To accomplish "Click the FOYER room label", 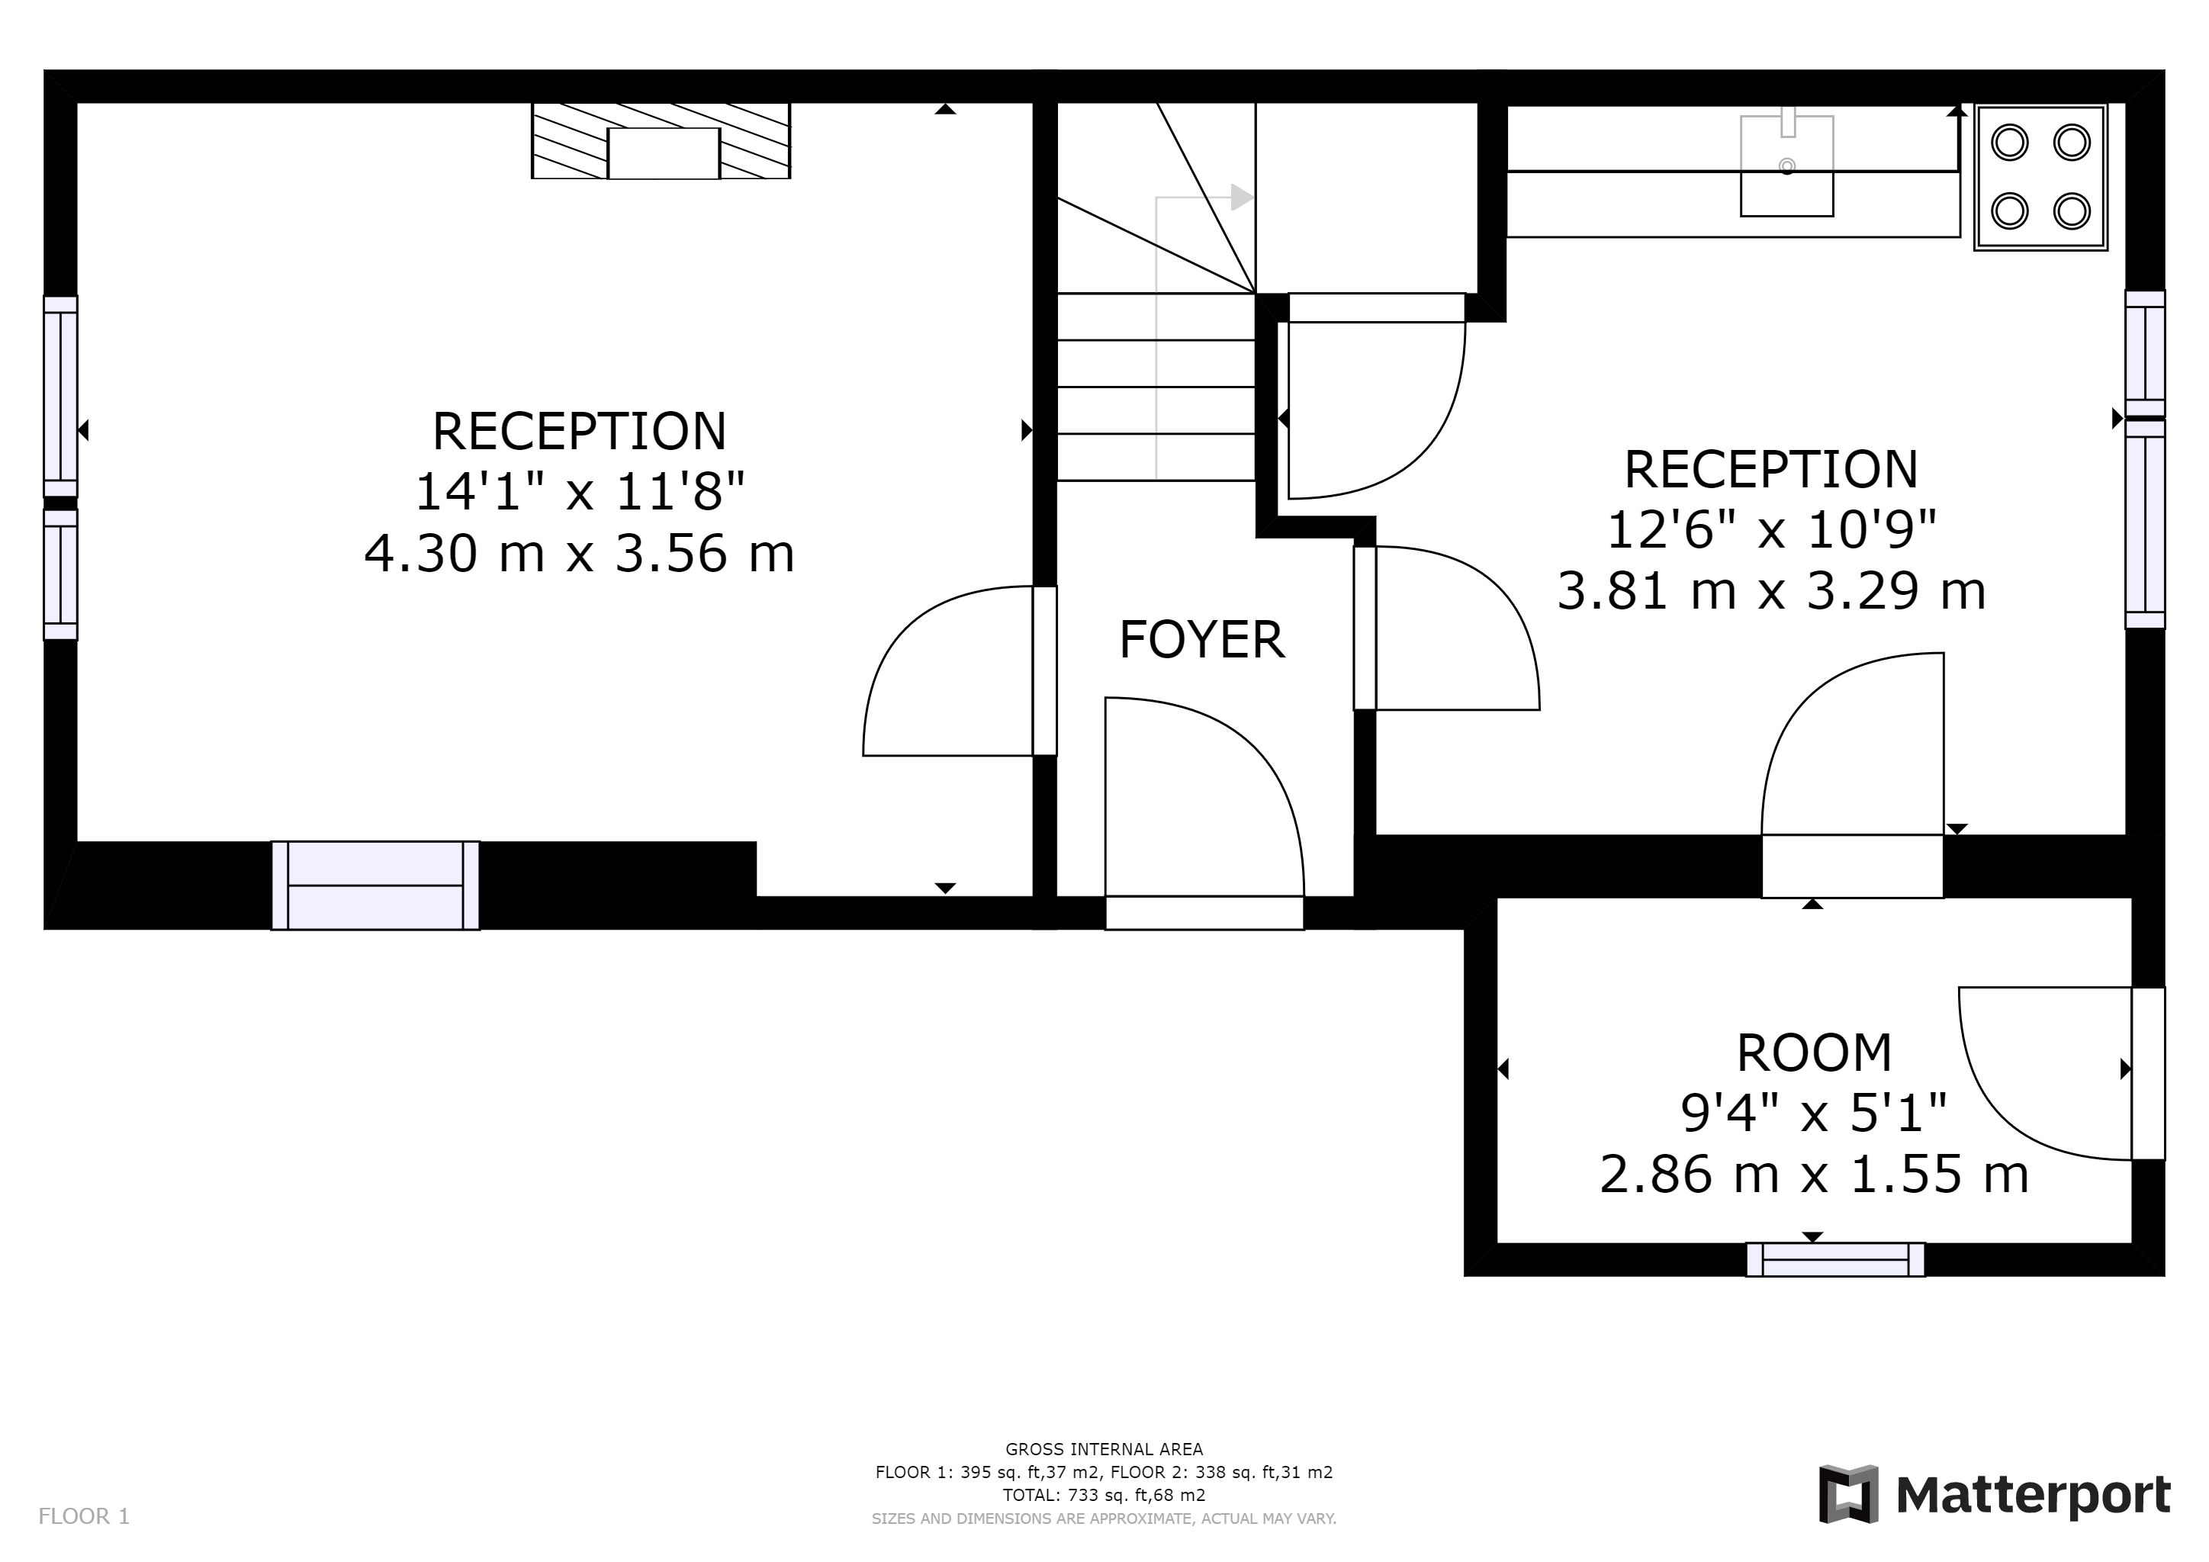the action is pos(1201,640).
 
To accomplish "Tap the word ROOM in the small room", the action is pos(1814,1053).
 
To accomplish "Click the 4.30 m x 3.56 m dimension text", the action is pos(579,553).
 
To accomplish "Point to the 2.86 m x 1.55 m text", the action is pos(1814,1174).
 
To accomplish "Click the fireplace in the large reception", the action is pos(661,140).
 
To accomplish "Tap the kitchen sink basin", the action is pos(1786,166).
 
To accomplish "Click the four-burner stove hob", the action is pos(2040,177).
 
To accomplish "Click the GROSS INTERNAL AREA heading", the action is pos(1104,1449).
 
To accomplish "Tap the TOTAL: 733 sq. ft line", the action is pos(1104,1496).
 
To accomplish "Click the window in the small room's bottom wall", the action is pos(1836,1260).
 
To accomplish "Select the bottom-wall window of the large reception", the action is pos(375,885).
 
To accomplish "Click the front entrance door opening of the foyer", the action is pos(1204,913).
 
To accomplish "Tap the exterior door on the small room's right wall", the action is pos(2149,1073).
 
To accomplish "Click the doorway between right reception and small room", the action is pos(1852,866).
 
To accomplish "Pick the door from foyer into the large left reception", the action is pos(1045,670).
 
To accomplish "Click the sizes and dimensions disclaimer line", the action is pos(1104,1519).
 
